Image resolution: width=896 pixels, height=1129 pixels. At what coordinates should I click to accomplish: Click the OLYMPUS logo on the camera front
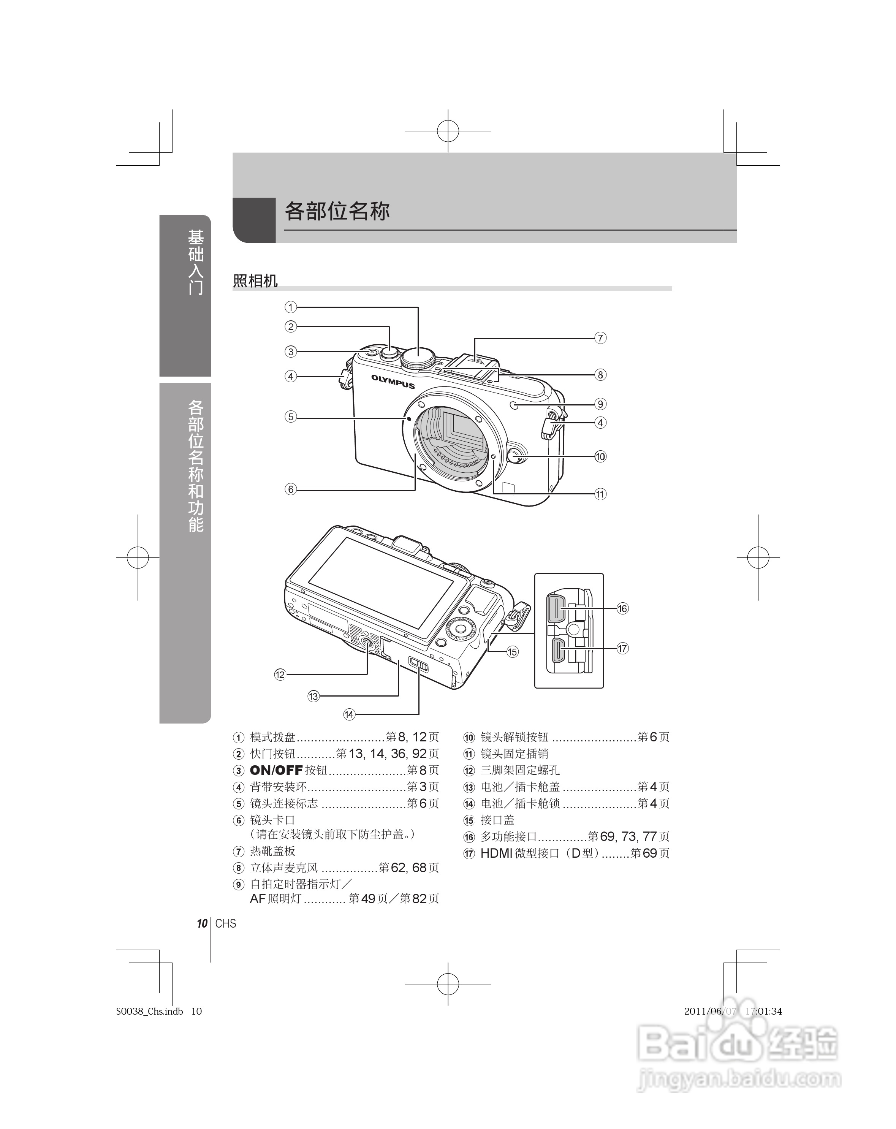pos(393,381)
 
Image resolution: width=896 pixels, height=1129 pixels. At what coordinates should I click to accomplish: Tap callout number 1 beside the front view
pos(291,307)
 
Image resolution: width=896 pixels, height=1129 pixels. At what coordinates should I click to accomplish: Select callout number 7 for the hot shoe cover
pos(600,338)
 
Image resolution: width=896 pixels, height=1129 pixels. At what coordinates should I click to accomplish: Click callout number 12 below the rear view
pos(280,675)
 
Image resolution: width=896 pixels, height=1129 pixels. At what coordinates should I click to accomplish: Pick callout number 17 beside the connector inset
pos(622,648)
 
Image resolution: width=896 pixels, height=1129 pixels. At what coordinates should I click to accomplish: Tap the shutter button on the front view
pos(389,352)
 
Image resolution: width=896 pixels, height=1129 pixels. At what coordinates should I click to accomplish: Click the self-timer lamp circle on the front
pos(514,405)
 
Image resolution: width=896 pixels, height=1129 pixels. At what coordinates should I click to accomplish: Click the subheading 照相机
pos(255,281)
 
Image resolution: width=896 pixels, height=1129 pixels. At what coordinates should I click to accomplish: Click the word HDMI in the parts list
pos(496,853)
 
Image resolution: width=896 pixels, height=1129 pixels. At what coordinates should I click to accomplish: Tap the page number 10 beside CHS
pos(202,923)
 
